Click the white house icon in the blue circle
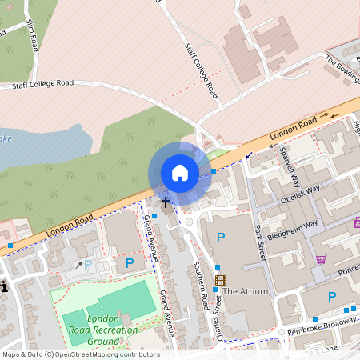point(180,173)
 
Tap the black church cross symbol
point(166,203)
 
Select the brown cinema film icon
point(221,280)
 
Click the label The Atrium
point(245,291)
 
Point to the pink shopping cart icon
point(322,259)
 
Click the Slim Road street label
point(32,36)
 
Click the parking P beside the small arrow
point(88,264)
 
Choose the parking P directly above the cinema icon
point(221,238)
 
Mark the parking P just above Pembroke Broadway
point(332,297)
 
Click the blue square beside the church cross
point(155,214)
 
